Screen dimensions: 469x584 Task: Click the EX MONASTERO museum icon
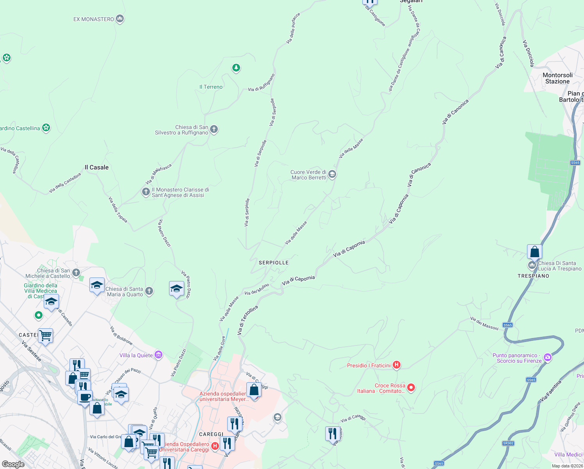coord(120,19)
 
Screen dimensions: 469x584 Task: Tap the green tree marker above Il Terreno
coord(236,68)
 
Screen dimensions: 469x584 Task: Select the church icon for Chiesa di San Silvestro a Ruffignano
coord(214,129)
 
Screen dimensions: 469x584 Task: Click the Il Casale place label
coord(97,167)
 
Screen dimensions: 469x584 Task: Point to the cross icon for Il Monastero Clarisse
coord(146,192)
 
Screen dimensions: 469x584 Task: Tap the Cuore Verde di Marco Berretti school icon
coord(332,174)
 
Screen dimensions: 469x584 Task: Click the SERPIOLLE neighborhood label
coord(274,263)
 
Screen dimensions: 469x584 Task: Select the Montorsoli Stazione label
coord(557,78)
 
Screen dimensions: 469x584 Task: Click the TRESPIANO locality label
coord(533,276)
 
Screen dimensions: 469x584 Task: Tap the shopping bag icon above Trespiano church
coord(534,252)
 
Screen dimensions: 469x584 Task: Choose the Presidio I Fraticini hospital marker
coord(397,365)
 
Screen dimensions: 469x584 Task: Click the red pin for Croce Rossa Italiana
coord(411,387)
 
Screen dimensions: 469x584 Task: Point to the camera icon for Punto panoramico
coord(547,357)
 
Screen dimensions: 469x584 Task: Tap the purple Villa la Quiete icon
coord(158,354)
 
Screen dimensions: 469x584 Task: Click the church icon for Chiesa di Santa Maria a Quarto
coord(149,291)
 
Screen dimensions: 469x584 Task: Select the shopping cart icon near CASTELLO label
coord(45,335)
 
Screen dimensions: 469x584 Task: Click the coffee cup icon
coord(85,397)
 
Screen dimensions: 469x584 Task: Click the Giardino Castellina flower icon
coord(46,127)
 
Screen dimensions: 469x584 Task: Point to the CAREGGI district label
coord(211,434)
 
